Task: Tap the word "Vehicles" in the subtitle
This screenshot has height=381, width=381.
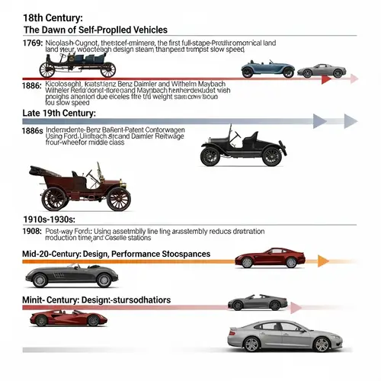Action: click(x=140, y=29)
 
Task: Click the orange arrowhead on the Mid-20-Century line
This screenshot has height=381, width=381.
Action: click(x=323, y=261)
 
